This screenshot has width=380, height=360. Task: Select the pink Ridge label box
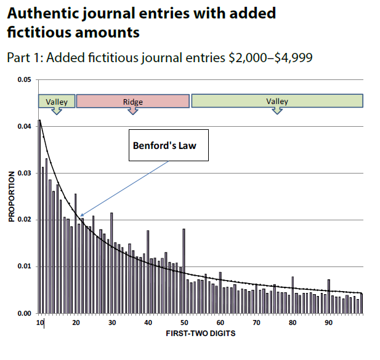(132, 102)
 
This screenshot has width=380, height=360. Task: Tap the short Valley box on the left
(57, 102)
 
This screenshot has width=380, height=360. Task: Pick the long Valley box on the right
(277, 102)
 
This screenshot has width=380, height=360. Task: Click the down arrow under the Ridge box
(132, 111)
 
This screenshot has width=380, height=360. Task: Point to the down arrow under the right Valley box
(277, 111)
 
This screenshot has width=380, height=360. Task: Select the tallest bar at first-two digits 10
(39, 215)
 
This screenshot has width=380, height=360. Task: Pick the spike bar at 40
(148, 271)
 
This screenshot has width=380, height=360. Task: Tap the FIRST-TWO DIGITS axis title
(200, 334)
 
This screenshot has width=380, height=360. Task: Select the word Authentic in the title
(40, 13)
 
